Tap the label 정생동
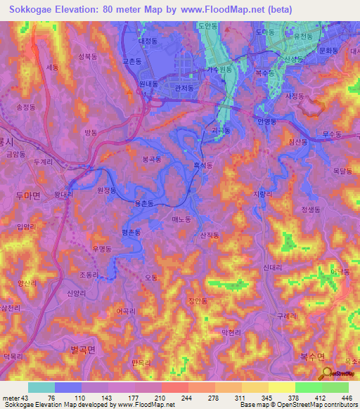tap(310, 209)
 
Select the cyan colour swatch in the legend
tap(41, 387)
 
